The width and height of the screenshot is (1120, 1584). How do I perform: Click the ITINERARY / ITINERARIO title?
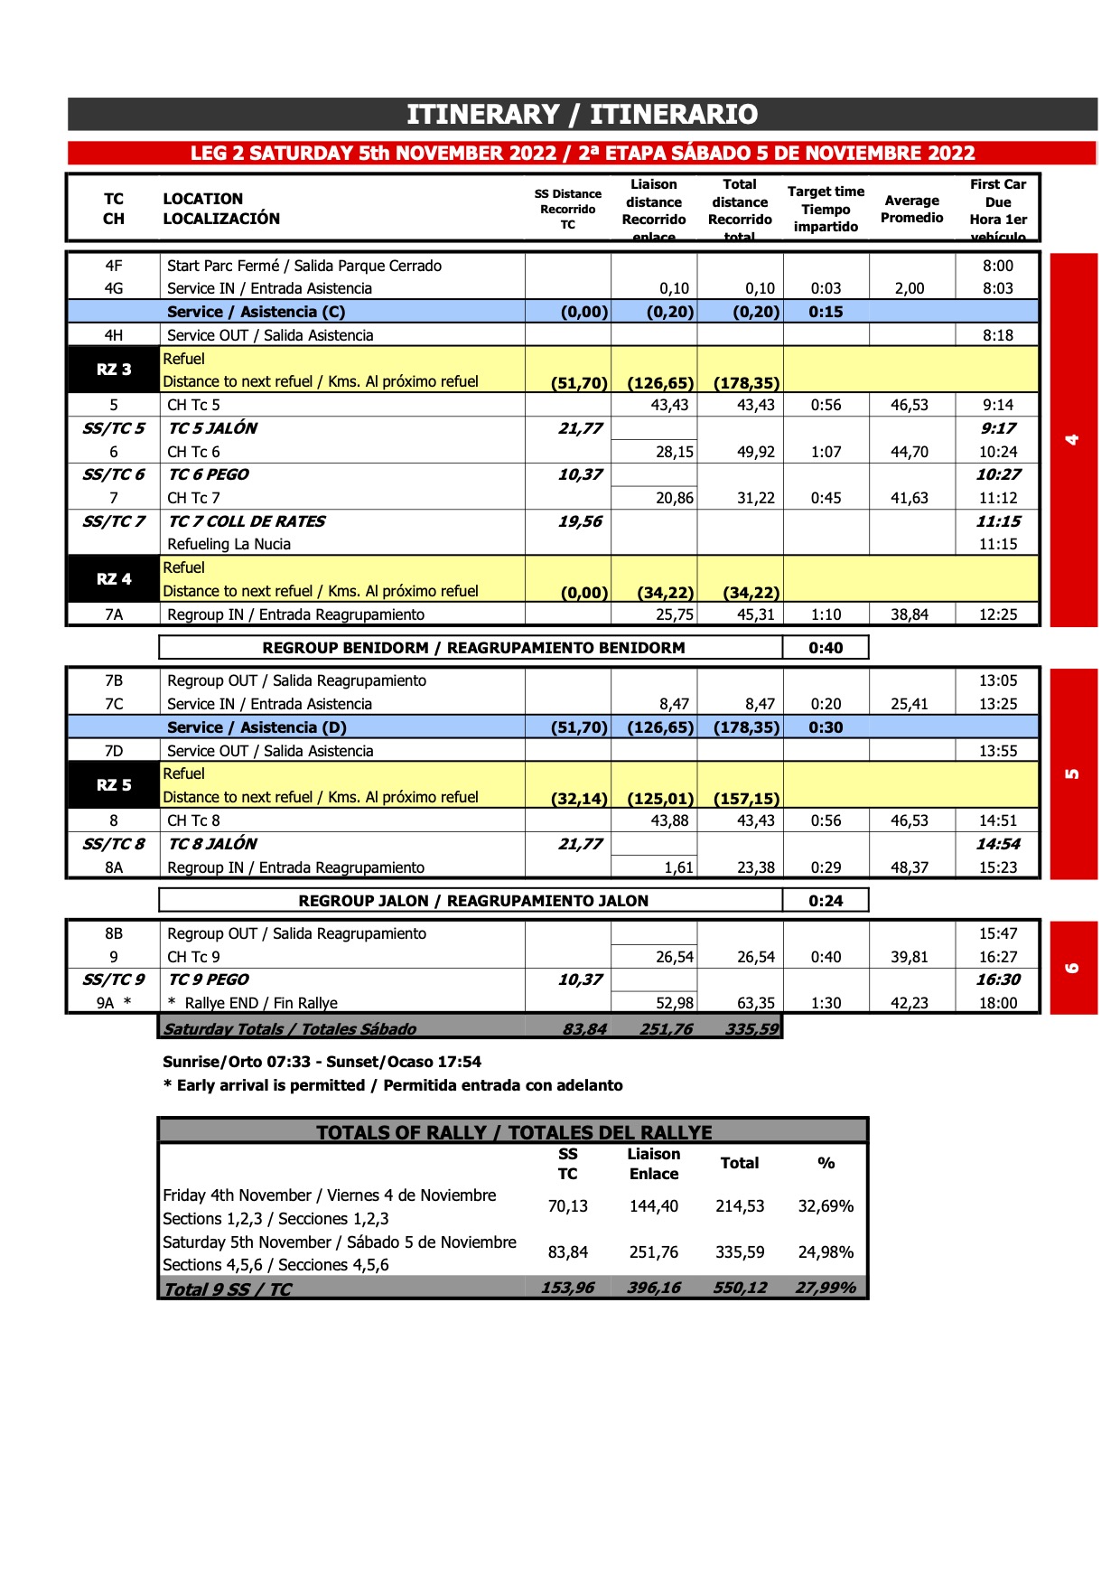coord(582,115)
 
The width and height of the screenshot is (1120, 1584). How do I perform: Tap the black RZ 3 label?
coord(114,370)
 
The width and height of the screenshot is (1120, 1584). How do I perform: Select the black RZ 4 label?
coord(114,579)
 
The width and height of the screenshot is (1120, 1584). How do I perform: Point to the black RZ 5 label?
coord(114,785)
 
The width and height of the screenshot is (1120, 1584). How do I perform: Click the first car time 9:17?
coord(998,428)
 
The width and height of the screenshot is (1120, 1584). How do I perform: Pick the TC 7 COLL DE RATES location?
coord(247,521)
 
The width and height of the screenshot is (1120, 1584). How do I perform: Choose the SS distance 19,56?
coord(580,521)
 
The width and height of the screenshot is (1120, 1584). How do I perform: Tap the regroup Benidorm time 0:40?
coord(826,648)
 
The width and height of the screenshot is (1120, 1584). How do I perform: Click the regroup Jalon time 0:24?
coord(826,901)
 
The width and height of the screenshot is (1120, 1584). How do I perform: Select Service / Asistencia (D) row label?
coord(257,727)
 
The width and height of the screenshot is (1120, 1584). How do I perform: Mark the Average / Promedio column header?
coord(911,209)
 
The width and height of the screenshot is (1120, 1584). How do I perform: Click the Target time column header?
coord(826,209)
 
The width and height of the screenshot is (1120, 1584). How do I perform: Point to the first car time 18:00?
coord(998,1003)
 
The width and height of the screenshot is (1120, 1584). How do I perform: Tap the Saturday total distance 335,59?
coord(751,1028)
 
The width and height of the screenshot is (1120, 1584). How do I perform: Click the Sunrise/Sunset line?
coord(322,1062)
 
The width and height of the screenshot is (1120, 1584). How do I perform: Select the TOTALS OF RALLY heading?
coord(513,1132)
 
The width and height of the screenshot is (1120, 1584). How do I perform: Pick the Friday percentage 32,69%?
coord(826,1206)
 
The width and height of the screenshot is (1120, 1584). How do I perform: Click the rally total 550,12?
coord(740,1288)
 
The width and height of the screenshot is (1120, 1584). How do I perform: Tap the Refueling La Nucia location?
coord(229,544)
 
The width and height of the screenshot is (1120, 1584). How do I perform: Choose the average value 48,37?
coord(910,867)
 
